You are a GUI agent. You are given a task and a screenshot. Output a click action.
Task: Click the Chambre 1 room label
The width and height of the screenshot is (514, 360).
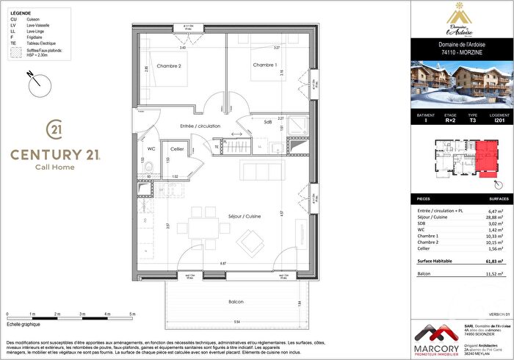[264, 65]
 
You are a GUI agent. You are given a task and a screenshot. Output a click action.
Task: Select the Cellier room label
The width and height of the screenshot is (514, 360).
[178, 148]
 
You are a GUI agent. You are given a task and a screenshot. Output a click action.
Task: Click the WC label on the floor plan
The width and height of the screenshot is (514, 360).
[151, 148]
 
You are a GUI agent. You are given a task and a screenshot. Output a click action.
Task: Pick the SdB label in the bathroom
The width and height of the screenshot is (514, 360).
[267, 122]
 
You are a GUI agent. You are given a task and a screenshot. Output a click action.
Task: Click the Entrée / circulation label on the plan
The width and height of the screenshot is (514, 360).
[200, 126]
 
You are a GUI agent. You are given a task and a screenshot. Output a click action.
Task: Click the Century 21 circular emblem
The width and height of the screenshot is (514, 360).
[54, 130]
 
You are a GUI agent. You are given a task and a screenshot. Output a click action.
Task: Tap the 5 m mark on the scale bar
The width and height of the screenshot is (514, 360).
[132, 314]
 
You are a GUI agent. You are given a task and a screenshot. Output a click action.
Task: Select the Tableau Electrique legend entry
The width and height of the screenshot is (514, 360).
[38, 44]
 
